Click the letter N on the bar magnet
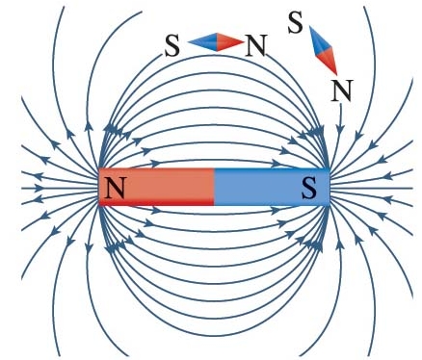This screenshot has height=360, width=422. [x=115, y=188]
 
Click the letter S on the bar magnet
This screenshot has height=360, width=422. [x=309, y=188]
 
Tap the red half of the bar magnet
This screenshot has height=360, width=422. [x=156, y=187]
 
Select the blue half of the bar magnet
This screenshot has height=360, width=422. [x=272, y=187]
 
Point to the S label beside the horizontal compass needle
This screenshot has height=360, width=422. [x=172, y=46]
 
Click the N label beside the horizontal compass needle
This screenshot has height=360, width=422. [x=256, y=46]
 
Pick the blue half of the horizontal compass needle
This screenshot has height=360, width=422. [x=202, y=42]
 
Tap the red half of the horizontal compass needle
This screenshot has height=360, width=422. [x=229, y=42]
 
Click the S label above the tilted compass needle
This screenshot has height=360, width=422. [x=295, y=23]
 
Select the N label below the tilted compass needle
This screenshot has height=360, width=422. [x=342, y=90]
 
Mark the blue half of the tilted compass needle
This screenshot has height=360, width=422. [x=320, y=40]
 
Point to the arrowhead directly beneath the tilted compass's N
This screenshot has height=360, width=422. [x=340, y=129]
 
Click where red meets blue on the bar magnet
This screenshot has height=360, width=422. [x=214, y=187]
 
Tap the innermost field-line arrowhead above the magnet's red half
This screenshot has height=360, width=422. [x=155, y=164]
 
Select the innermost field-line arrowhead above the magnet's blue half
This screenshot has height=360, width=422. [x=276, y=163]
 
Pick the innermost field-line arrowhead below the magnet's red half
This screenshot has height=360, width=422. [x=156, y=211]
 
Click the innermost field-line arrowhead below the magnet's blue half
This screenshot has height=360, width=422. [x=275, y=211]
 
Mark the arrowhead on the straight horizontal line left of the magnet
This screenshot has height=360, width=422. [x=39, y=188]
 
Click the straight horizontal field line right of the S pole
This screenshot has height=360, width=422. [x=372, y=188]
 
